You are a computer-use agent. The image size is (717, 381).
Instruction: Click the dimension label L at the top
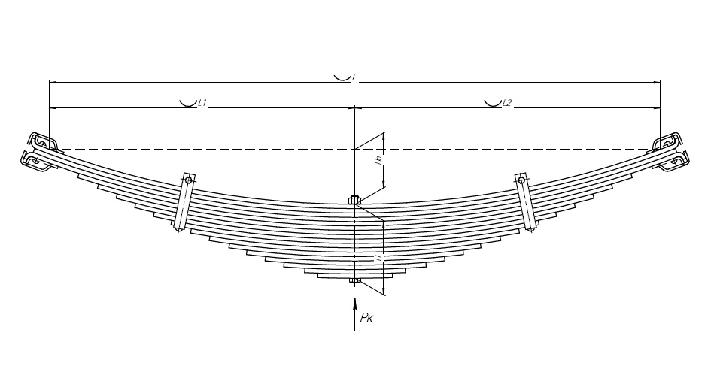[x=354, y=77]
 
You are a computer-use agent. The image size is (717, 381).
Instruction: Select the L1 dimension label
[x=202, y=103]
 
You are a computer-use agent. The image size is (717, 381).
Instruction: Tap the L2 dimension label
[x=507, y=103]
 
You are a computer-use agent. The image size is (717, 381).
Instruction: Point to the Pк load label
[x=367, y=319]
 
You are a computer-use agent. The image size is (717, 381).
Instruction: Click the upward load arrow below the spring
[x=354, y=311]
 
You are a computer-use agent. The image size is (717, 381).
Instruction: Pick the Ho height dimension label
[x=380, y=159]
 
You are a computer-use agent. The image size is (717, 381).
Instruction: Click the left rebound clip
[x=184, y=203]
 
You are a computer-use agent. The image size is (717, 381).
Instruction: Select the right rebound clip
[x=526, y=203]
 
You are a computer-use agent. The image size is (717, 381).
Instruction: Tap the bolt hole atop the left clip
[x=188, y=180]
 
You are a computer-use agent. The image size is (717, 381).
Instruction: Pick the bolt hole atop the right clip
[x=521, y=180]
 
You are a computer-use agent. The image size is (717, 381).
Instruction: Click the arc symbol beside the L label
[x=342, y=76]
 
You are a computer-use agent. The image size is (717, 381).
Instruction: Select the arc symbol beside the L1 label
[x=188, y=102]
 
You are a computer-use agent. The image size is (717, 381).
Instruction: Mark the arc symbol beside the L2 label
[x=493, y=102]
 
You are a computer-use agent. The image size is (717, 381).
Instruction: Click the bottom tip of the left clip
[x=178, y=228]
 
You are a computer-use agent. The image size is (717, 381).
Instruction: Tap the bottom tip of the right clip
[x=531, y=228]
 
